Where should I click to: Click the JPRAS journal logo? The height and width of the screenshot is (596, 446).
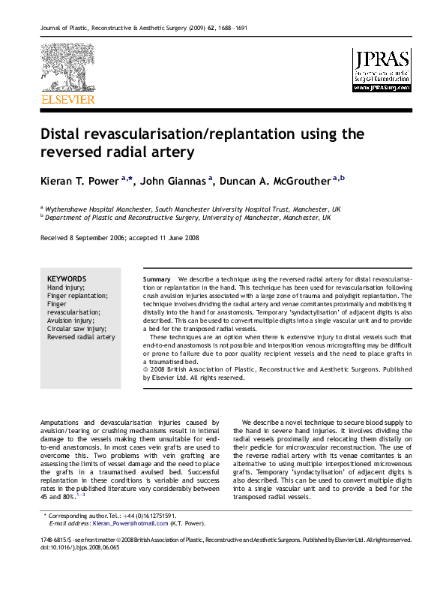pos(382,70)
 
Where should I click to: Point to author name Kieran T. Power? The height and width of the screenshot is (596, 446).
pos(79,180)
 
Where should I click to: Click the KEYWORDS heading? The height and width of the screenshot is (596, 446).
pos(66,278)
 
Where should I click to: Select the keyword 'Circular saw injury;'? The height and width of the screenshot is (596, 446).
pos(79,329)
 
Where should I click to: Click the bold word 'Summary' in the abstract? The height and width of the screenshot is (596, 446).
pos(157,279)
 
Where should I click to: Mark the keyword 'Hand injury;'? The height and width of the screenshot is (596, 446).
pos(66,287)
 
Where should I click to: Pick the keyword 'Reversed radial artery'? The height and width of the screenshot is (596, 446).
pos(81,337)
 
